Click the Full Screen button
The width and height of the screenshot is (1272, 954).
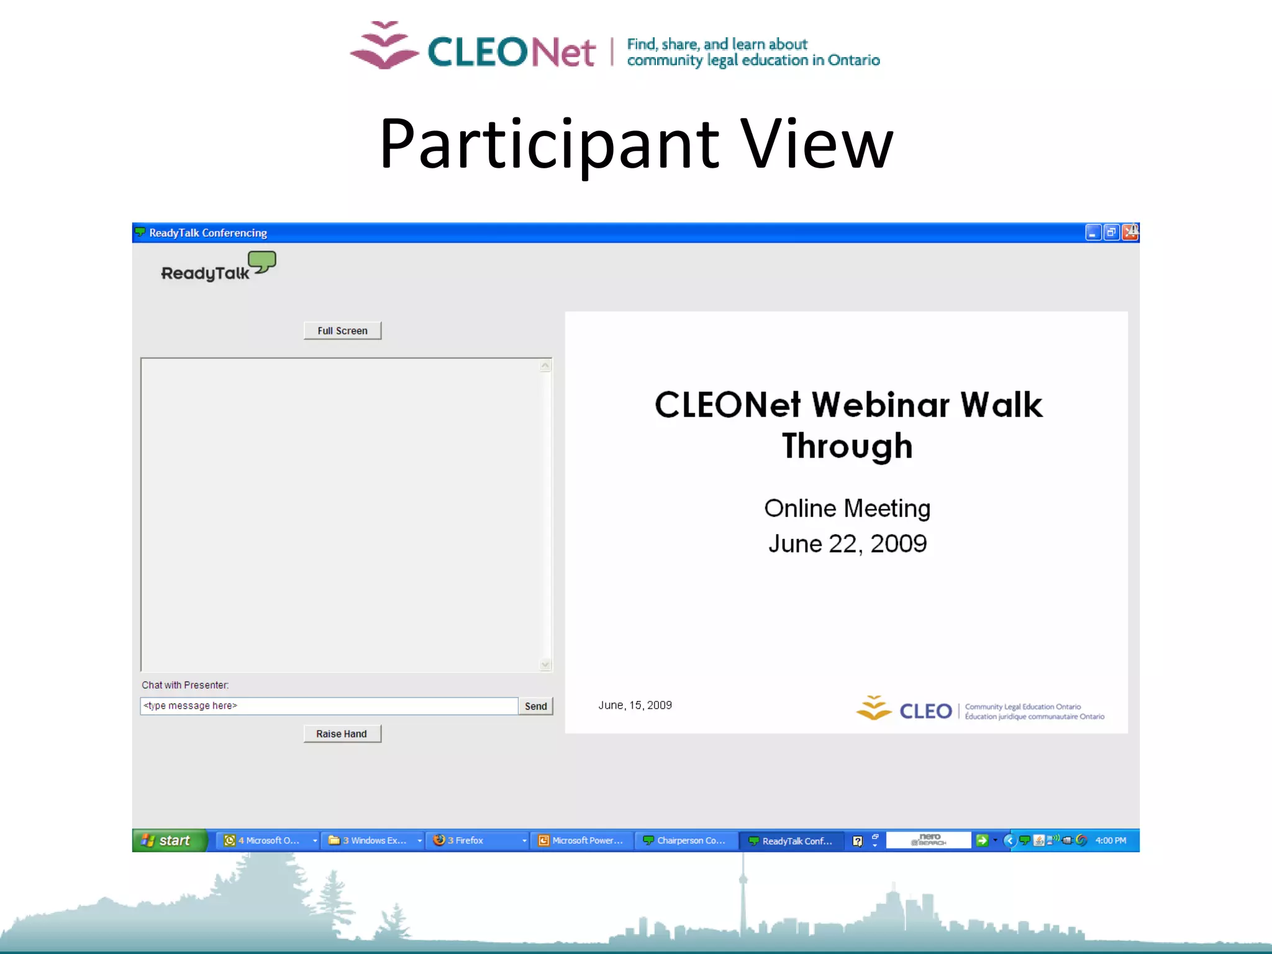[x=342, y=330]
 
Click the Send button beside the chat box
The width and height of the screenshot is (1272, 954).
[x=535, y=706]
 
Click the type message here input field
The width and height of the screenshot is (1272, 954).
[x=329, y=706]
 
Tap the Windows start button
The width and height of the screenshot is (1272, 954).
[x=168, y=840]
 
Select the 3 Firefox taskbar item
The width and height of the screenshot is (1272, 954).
[x=477, y=840]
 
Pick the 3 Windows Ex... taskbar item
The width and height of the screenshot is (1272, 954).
[x=372, y=840]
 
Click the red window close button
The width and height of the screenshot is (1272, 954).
[x=1130, y=232]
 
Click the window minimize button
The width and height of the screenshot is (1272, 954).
[x=1093, y=232]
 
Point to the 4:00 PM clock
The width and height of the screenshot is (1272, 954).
[x=1111, y=840]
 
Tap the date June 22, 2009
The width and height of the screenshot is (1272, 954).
[x=847, y=543]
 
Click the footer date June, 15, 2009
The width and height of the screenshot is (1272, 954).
[x=635, y=705]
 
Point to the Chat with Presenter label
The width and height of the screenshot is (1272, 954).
[x=185, y=685]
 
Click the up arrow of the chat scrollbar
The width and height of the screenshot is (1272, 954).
[x=545, y=366]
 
